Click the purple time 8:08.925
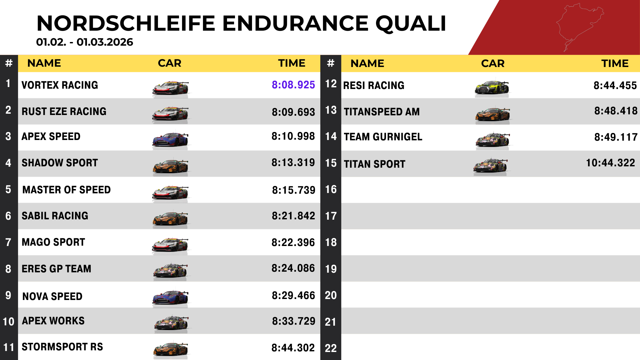(x=293, y=85)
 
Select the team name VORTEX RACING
(x=60, y=85)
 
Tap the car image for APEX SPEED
(x=170, y=139)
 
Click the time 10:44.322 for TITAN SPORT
(x=610, y=163)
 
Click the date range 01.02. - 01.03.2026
(x=85, y=42)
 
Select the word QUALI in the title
(x=411, y=23)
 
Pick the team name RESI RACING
(x=374, y=86)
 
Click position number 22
(x=331, y=348)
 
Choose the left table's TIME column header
(x=292, y=63)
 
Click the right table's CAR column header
(x=493, y=64)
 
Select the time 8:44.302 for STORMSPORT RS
(x=293, y=348)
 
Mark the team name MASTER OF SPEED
(x=66, y=190)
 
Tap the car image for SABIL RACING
(x=170, y=219)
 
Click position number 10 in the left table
(x=8, y=322)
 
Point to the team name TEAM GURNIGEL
(x=383, y=137)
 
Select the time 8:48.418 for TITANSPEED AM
(x=616, y=111)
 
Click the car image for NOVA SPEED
(x=170, y=297)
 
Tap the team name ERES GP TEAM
(x=56, y=269)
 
